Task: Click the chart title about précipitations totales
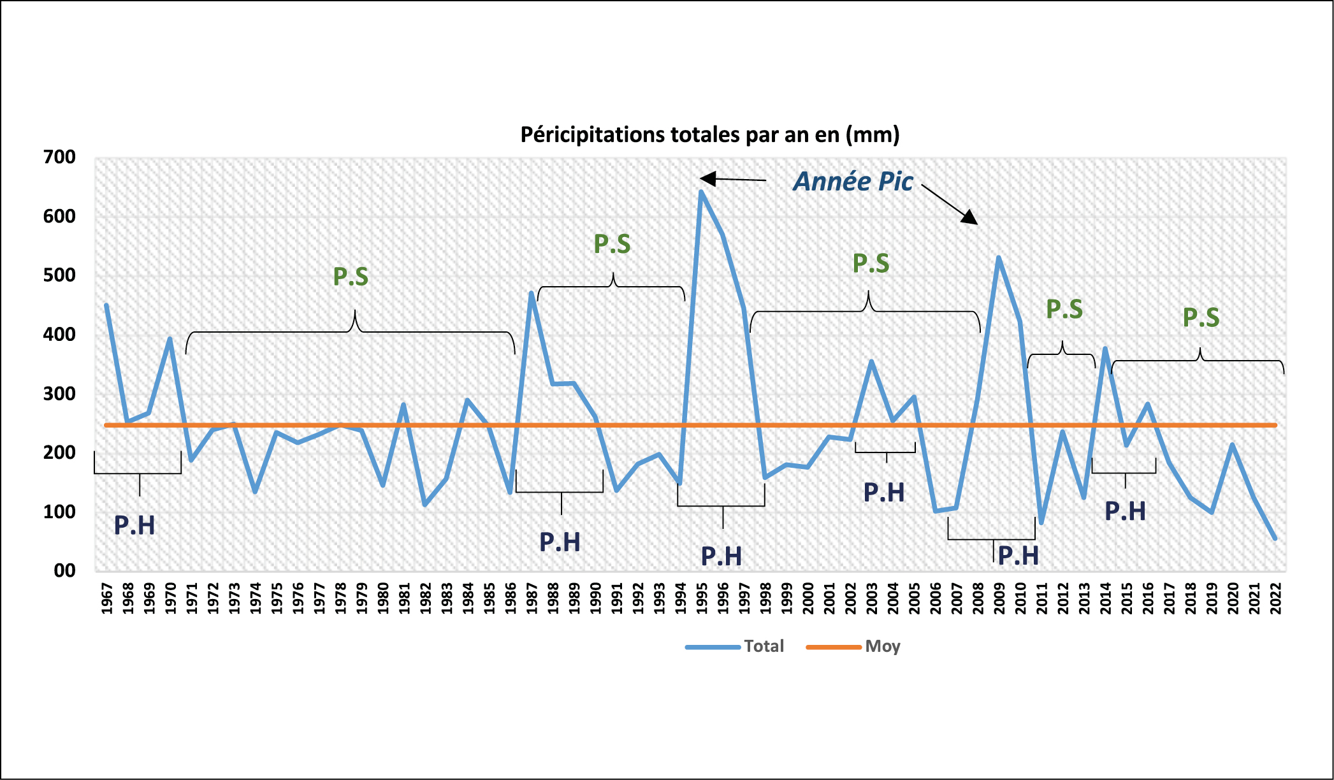[709, 134]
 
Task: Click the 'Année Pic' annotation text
[853, 182]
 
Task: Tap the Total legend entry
[764, 646]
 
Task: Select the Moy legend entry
[882, 646]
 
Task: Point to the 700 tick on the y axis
[59, 157]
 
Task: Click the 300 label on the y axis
[59, 393]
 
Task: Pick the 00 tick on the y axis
[64, 570]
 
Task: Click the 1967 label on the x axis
[106, 598]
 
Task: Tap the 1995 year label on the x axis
[702, 598]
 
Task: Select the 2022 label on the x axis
[1275, 598]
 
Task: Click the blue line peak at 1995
[701, 191]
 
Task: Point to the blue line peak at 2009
[998, 257]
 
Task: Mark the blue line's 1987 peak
[531, 292]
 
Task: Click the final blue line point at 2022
[1275, 539]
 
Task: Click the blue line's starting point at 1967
[106, 305]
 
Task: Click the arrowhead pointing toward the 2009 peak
[970, 218]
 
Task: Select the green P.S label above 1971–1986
[351, 277]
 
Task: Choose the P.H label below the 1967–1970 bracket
[134, 525]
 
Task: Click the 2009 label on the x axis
[999, 598]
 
